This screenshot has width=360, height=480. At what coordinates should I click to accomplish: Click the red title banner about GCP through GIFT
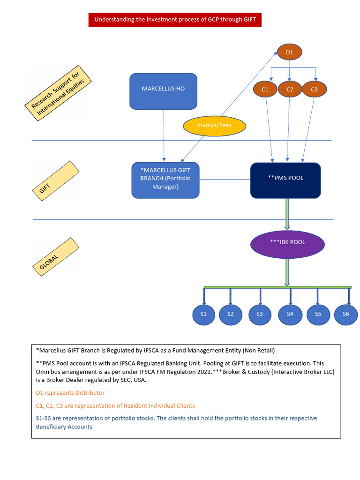click(x=175, y=20)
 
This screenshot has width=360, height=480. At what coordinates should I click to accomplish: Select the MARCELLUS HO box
click(x=163, y=91)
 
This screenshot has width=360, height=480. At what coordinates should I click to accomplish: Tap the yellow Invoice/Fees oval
click(x=214, y=125)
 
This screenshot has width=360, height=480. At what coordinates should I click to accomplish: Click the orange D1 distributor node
click(x=289, y=52)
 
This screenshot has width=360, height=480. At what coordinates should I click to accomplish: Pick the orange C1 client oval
click(x=265, y=89)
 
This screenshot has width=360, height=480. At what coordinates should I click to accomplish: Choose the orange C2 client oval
click(x=290, y=89)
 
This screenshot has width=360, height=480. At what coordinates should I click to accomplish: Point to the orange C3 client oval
click(x=314, y=89)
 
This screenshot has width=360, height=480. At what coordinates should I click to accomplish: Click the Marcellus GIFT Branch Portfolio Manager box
click(x=165, y=180)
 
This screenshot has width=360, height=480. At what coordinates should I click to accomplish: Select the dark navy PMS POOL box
click(x=285, y=180)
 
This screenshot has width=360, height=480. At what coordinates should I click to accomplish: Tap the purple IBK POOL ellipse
click(x=287, y=243)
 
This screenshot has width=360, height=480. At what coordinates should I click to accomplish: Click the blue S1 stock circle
click(x=203, y=315)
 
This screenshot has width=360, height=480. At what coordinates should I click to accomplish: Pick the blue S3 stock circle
click(x=260, y=315)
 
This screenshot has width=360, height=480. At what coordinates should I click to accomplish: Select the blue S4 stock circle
click(x=290, y=315)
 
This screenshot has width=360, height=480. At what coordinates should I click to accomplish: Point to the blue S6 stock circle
click(x=345, y=315)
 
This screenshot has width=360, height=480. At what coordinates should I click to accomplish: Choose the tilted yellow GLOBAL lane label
click(x=55, y=256)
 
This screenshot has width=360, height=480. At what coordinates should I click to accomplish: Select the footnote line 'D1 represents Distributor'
click(x=70, y=393)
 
